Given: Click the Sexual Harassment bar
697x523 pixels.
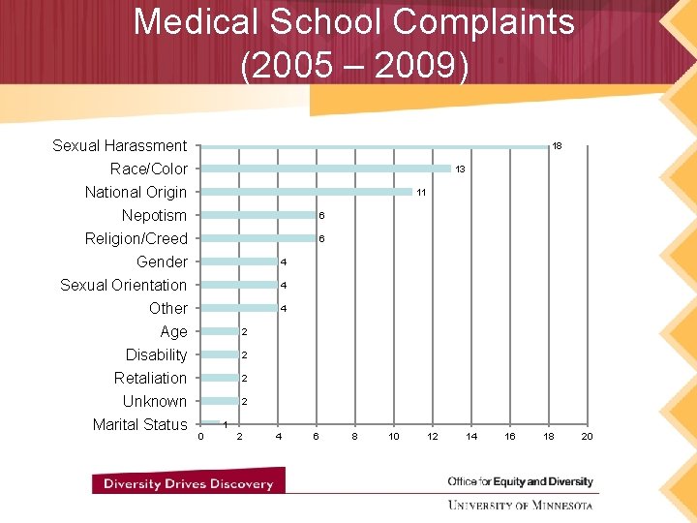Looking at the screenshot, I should click(374, 146).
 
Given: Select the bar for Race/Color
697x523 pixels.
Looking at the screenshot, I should click(325, 169).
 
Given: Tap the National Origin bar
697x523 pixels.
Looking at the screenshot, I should click(306, 192).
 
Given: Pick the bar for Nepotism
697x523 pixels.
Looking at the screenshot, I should click(258, 215).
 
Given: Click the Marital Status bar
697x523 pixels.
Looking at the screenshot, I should click(209, 423).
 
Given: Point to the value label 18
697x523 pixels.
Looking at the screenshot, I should click(557, 146).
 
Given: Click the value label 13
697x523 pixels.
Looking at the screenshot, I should click(461, 169).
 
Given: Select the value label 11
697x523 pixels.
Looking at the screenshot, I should click(421, 193).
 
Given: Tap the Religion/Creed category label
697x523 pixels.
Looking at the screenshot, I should click(136, 238).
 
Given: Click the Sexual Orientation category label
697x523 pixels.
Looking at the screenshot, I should click(123, 285).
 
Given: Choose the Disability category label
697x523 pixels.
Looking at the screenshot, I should click(156, 354).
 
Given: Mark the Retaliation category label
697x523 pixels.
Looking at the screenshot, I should click(150, 378).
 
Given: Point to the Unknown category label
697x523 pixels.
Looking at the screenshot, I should click(154, 401).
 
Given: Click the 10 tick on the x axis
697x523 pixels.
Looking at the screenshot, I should click(393, 437).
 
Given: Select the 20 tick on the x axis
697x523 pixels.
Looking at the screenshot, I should click(586, 437).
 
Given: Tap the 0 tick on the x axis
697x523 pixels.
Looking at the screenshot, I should click(200, 437).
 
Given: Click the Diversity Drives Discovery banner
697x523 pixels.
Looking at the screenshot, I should click(188, 483).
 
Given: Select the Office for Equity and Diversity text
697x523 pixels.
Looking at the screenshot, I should click(520, 481).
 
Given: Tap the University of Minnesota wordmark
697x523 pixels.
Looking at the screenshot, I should click(520, 505).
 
